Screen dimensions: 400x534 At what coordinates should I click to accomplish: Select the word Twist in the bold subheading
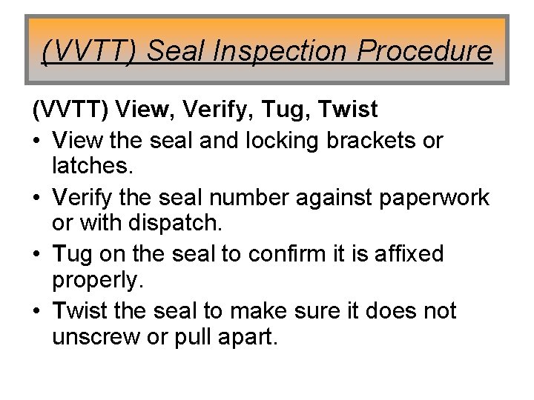click(348, 111)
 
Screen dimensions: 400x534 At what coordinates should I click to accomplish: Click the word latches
click(93, 168)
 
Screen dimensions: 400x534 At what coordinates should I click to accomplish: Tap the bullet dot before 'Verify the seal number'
click(37, 197)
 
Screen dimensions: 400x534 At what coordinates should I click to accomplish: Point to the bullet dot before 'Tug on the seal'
click(37, 254)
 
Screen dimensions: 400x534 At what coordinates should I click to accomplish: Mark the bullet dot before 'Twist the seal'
click(37, 311)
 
